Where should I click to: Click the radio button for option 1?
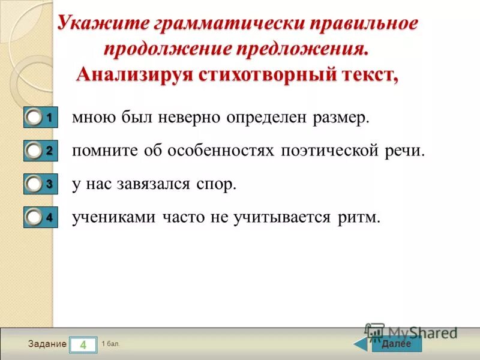click(x=35, y=118)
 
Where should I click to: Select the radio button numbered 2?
click(x=35, y=152)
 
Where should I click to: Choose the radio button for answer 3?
click(x=35, y=185)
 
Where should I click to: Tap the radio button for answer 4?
click(x=35, y=218)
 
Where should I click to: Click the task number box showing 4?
click(x=83, y=344)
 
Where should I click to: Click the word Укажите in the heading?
click(x=101, y=25)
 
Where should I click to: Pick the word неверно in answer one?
click(x=191, y=118)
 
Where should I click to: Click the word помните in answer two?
click(x=104, y=151)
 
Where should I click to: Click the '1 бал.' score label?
click(x=111, y=344)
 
